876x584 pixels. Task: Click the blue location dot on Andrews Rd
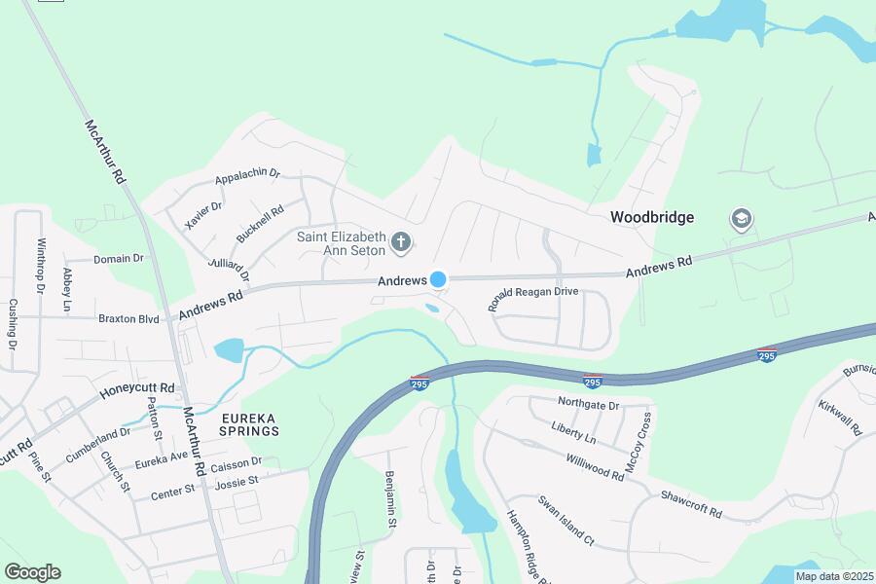438,279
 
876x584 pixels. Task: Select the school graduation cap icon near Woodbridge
740,219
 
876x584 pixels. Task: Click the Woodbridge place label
652,217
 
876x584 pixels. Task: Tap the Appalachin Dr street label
247,177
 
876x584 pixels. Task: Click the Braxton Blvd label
128,318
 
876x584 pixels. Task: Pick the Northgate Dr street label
589,401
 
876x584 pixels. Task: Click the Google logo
32,572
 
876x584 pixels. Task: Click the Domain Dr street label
118,259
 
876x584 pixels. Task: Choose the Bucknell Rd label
260,224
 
